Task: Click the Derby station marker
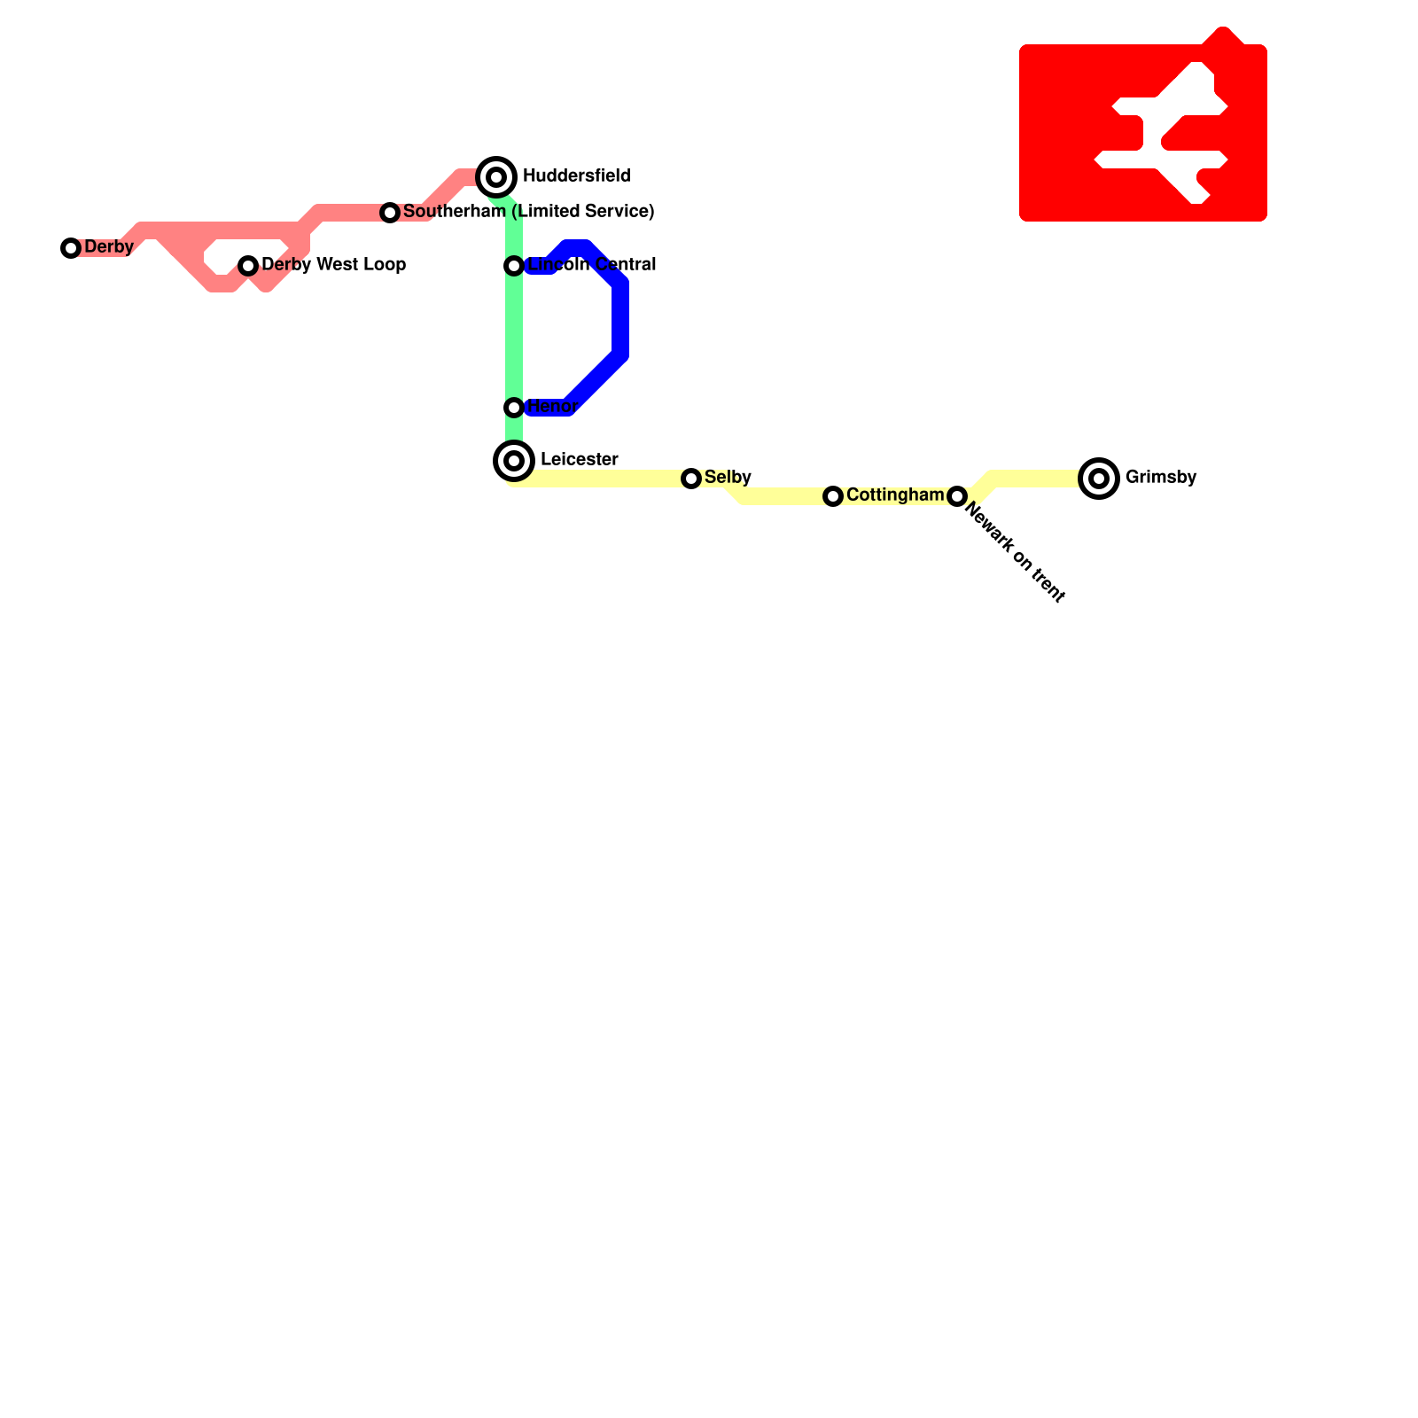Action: (x=71, y=248)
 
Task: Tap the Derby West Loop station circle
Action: (x=248, y=266)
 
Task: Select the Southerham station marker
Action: (x=390, y=213)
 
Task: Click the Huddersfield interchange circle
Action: (x=496, y=177)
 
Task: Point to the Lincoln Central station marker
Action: (x=514, y=266)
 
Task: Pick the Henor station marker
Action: (x=514, y=408)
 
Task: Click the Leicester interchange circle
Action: (x=514, y=461)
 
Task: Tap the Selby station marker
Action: (x=691, y=479)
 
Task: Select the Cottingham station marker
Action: (x=833, y=496)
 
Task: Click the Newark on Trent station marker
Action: (x=957, y=496)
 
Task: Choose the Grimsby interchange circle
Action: (x=1099, y=479)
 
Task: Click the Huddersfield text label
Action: (x=576, y=176)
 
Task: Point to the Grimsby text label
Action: (x=1161, y=478)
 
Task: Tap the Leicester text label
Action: (x=579, y=460)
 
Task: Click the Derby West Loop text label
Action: (x=333, y=265)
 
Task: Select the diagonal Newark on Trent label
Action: (x=1015, y=553)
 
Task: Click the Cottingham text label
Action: (x=895, y=495)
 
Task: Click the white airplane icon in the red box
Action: (x=1161, y=133)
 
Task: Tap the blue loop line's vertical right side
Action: (x=620, y=319)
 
